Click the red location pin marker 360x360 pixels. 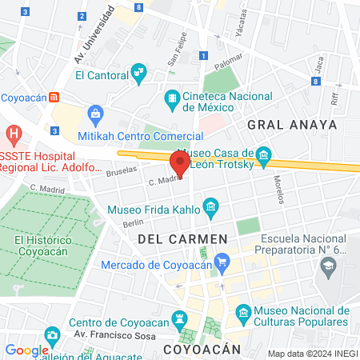pyautogui.click(x=180, y=164)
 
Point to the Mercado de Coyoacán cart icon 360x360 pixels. pyautogui.click(x=222, y=260)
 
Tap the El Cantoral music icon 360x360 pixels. pyautogui.click(x=139, y=74)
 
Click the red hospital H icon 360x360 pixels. pyautogui.click(x=12, y=134)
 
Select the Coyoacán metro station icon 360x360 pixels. pyautogui.click(x=53, y=97)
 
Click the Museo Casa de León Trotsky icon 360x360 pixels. pyautogui.click(x=264, y=154)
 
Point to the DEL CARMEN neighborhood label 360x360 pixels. pyautogui.click(x=182, y=239)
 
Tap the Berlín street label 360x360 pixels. pyautogui.click(x=133, y=225)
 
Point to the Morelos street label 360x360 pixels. pyautogui.click(x=278, y=189)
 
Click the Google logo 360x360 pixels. pyautogui.click(x=26, y=350)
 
